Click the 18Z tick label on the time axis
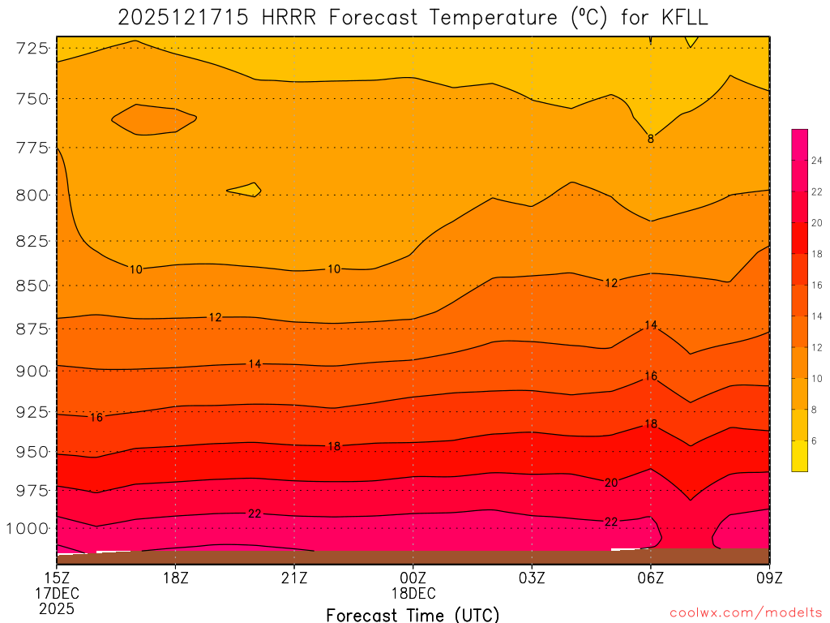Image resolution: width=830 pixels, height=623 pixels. pyautogui.click(x=176, y=578)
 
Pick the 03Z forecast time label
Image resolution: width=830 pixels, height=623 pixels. pyautogui.click(x=532, y=578)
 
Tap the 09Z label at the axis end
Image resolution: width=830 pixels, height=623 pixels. pyautogui.click(x=768, y=578)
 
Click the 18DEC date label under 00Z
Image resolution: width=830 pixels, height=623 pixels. pyautogui.click(x=413, y=593)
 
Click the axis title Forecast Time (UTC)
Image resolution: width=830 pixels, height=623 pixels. pyautogui.click(x=413, y=614)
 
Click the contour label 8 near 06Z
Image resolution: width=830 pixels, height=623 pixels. pyautogui.click(x=651, y=139)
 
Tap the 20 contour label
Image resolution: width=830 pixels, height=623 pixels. pyautogui.click(x=611, y=483)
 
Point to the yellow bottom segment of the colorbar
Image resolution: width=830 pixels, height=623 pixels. pyautogui.click(x=799, y=456)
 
